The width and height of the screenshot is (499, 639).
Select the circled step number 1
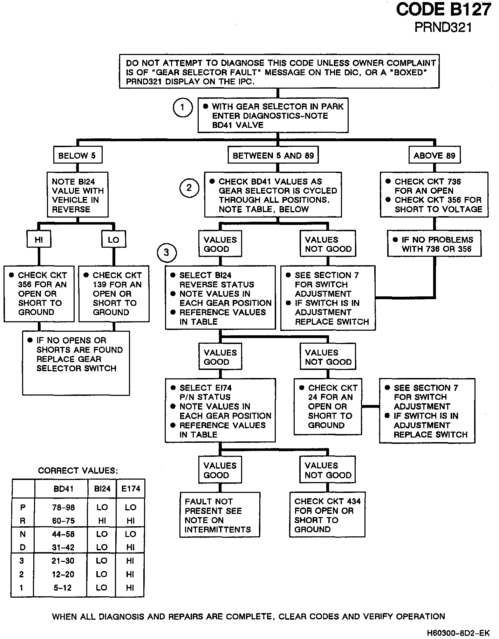[x=183, y=108]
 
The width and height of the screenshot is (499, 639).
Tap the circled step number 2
[x=189, y=188]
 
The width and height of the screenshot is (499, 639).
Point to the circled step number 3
[x=166, y=252]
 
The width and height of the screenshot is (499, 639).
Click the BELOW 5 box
[x=77, y=156]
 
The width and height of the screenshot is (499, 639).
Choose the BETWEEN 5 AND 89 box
[x=273, y=156]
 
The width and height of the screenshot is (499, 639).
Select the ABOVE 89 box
[x=434, y=156]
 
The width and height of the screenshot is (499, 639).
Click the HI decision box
[x=39, y=240]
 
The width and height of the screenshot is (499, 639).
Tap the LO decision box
[x=113, y=240]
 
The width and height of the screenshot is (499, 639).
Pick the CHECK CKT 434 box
[x=327, y=515]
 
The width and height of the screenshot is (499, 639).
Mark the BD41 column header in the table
[x=63, y=489]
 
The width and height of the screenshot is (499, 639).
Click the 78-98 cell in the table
[x=63, y=507]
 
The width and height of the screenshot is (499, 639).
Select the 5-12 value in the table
[x=63, y=588]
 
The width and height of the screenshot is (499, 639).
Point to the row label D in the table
[x=22, y=547]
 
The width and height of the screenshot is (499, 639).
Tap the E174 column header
[x=130, y=489]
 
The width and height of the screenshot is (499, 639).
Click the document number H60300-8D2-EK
[x=458, y=633]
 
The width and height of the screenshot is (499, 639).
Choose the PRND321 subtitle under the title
[x=443, y=27]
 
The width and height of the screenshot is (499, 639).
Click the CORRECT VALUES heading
[x=78, y=470]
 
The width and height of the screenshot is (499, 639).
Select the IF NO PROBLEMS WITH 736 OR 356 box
[x=434, y=244]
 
